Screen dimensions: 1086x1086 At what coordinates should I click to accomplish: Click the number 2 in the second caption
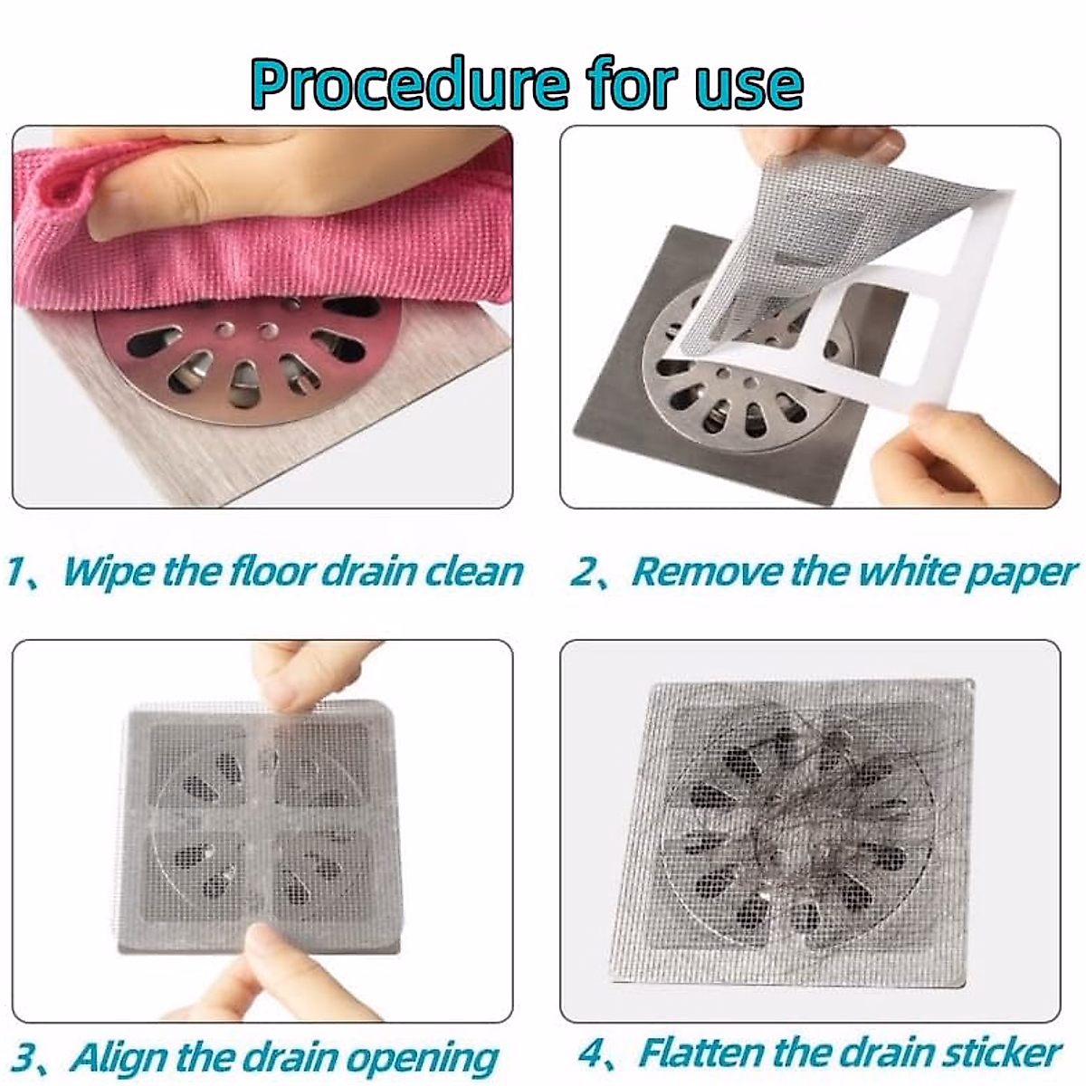pyautogui.click(x=581, y=572)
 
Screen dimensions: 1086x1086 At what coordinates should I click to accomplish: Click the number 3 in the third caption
pyautogui.click(x=27, y=1056)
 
